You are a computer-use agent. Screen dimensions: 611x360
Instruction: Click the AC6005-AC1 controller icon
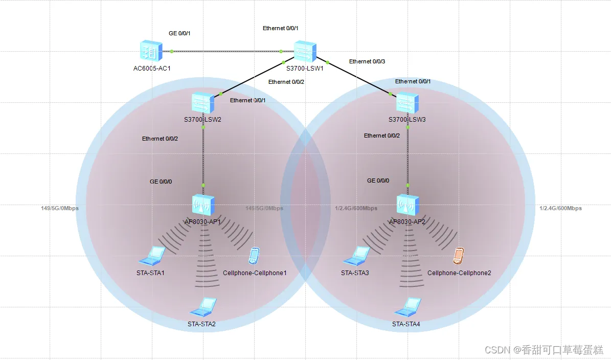[151, 51]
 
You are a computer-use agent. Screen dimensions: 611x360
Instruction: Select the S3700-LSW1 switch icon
[305, 51]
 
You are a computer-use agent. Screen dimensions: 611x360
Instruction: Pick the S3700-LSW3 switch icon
[408, 103]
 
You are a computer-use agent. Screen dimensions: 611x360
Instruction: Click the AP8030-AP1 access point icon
[203, 205]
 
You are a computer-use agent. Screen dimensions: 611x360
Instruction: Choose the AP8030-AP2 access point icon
[408, 205]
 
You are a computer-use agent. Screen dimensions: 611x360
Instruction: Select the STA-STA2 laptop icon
[203, 307]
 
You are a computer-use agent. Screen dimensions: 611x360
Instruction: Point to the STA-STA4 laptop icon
[408, 307]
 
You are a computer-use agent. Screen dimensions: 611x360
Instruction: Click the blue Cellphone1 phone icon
[254, 256]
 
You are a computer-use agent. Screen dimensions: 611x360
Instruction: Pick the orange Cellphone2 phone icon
[459, 256]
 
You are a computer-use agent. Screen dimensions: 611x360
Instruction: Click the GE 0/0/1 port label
[179, 34]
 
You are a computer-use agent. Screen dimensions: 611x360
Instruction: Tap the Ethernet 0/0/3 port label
[367, 61]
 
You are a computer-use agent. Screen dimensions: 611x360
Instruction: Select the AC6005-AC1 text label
[152, 69]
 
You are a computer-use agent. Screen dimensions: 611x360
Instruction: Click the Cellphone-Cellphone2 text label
[459, 273]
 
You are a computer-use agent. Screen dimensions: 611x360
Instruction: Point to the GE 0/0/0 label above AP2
[378, 181]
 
